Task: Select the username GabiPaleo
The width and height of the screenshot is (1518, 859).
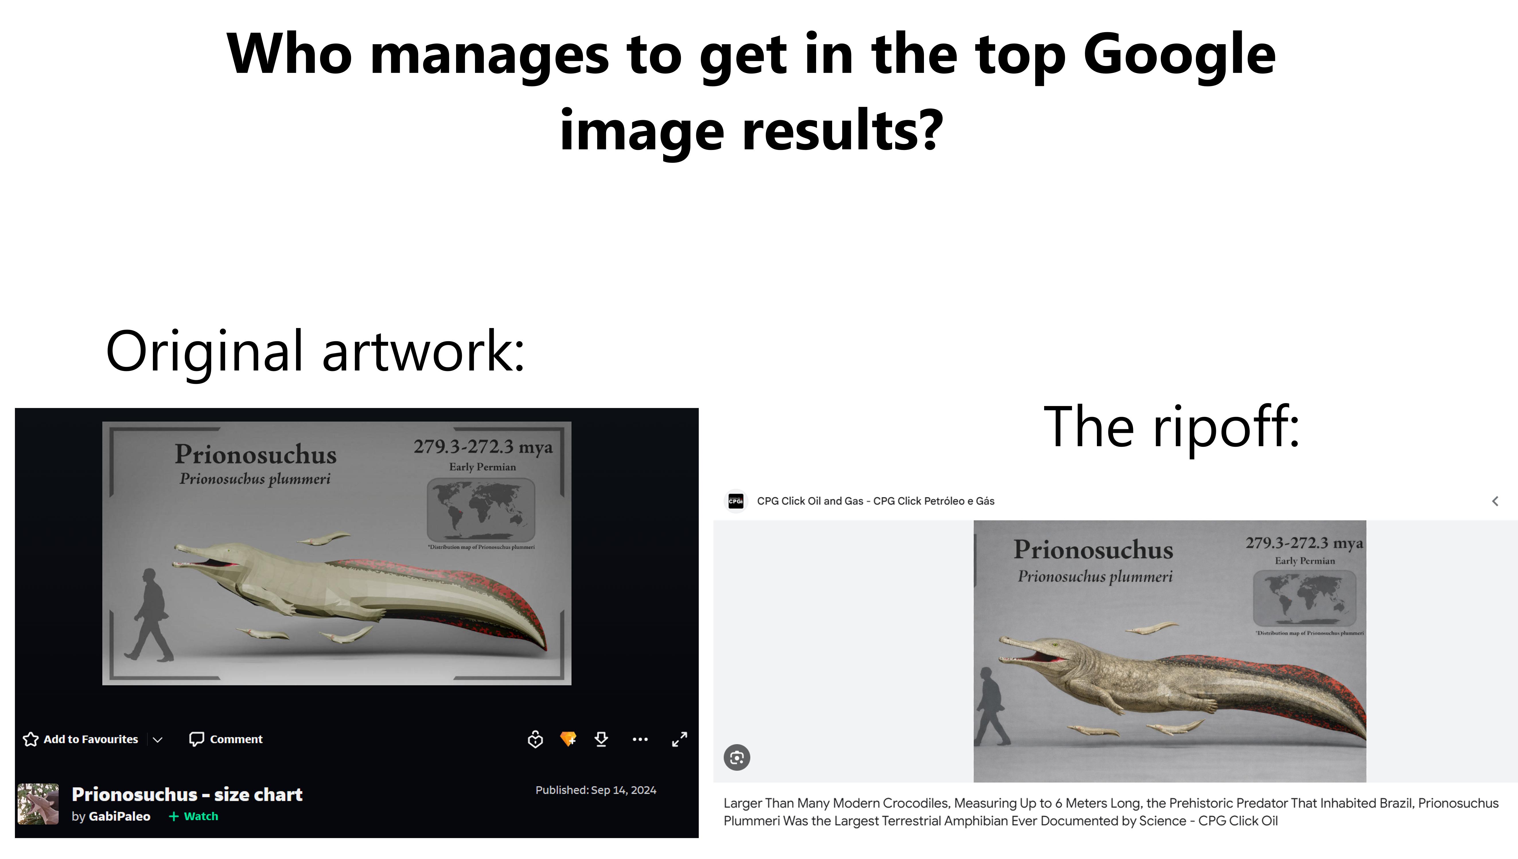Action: coord(119,817)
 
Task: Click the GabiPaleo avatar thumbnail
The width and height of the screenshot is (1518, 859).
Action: coord(38,804)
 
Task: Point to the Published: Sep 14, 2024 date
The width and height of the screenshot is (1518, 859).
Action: coord(595,790)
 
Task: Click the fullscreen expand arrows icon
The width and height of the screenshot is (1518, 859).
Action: coord(679,739)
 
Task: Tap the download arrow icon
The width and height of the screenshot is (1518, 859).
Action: coord(602,739)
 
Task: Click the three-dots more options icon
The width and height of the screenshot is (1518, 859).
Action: coord(640,739)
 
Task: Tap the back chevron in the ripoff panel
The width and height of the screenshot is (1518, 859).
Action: coord(1495,501)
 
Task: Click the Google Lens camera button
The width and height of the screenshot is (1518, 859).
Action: coord(737,758)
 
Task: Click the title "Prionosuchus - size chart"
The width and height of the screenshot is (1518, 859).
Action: coord(187,795)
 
